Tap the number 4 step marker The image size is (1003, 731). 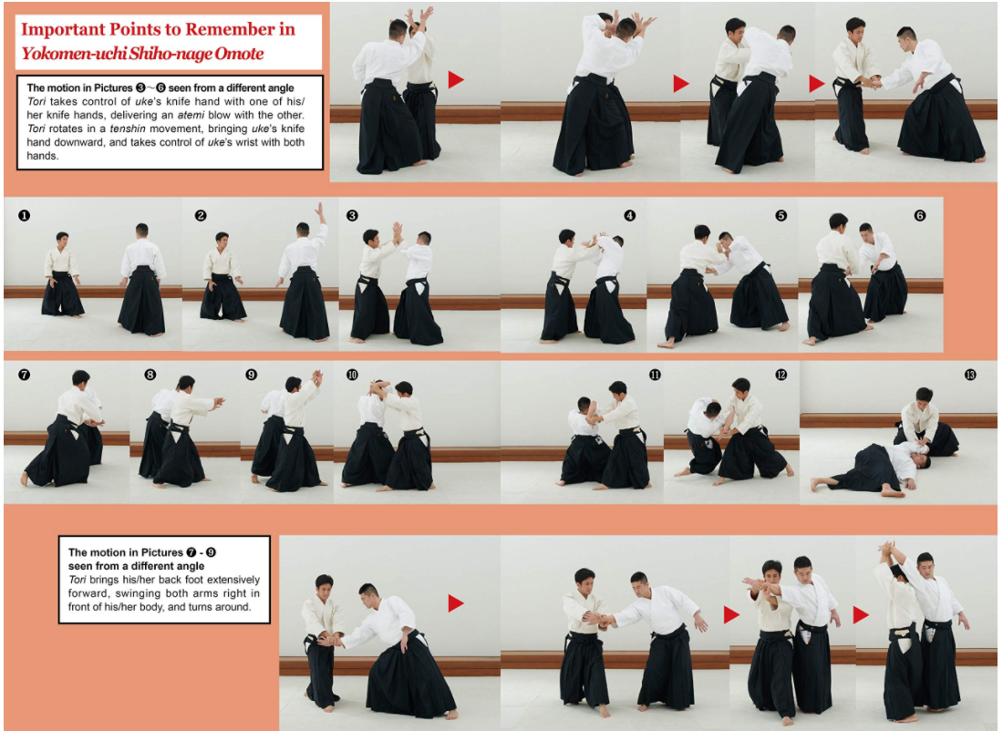(x=629, y=216)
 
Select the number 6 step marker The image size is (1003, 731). (x=919, y=216)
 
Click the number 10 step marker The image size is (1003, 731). (x=352, y=375)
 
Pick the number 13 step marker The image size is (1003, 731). (x=969, y=375)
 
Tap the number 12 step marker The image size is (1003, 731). (x=781, y=375)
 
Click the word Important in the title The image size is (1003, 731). (x=67, y=29)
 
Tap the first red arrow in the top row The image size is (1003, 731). (x=456, y=80)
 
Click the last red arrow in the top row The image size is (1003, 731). (x=816, y=84)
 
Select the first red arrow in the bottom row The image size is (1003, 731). (x=456, y=602)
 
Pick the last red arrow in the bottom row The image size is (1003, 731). (x=861, y=615)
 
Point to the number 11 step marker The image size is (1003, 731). (x=655, y=375)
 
